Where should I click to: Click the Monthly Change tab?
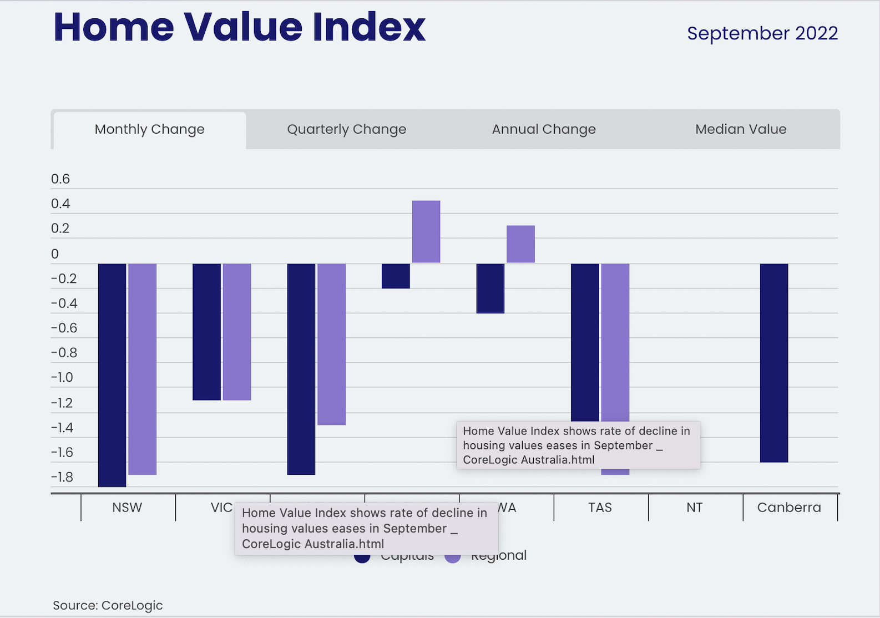[x=149, y=129]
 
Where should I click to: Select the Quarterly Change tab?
[x=346, y=129]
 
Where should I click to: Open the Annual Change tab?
[x=544, y=129]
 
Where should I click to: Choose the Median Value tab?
[x=741, y=129]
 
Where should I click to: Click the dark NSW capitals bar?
[x=112, y=375]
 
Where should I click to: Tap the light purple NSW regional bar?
[x=143, y=369]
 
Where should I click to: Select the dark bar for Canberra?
[x=774, y=363]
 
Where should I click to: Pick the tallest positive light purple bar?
[x=426, y=231]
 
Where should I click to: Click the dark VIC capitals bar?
[x=206, y=332]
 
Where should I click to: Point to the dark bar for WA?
[x=490, y=288]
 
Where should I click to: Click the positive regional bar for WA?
[x=520, y=244]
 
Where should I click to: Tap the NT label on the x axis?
[x=694, y=508]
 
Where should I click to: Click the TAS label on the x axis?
[x=600, y=508]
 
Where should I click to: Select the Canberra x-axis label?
[x=788, y=508]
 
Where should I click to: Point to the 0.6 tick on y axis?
[x=60, y=179]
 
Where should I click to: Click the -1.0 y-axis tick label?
[x=62, y=378]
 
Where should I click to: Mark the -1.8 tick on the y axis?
[x=62, y=477]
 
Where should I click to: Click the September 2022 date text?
[x=762, y=33]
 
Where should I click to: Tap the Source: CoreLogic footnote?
[x=108, y=605]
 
